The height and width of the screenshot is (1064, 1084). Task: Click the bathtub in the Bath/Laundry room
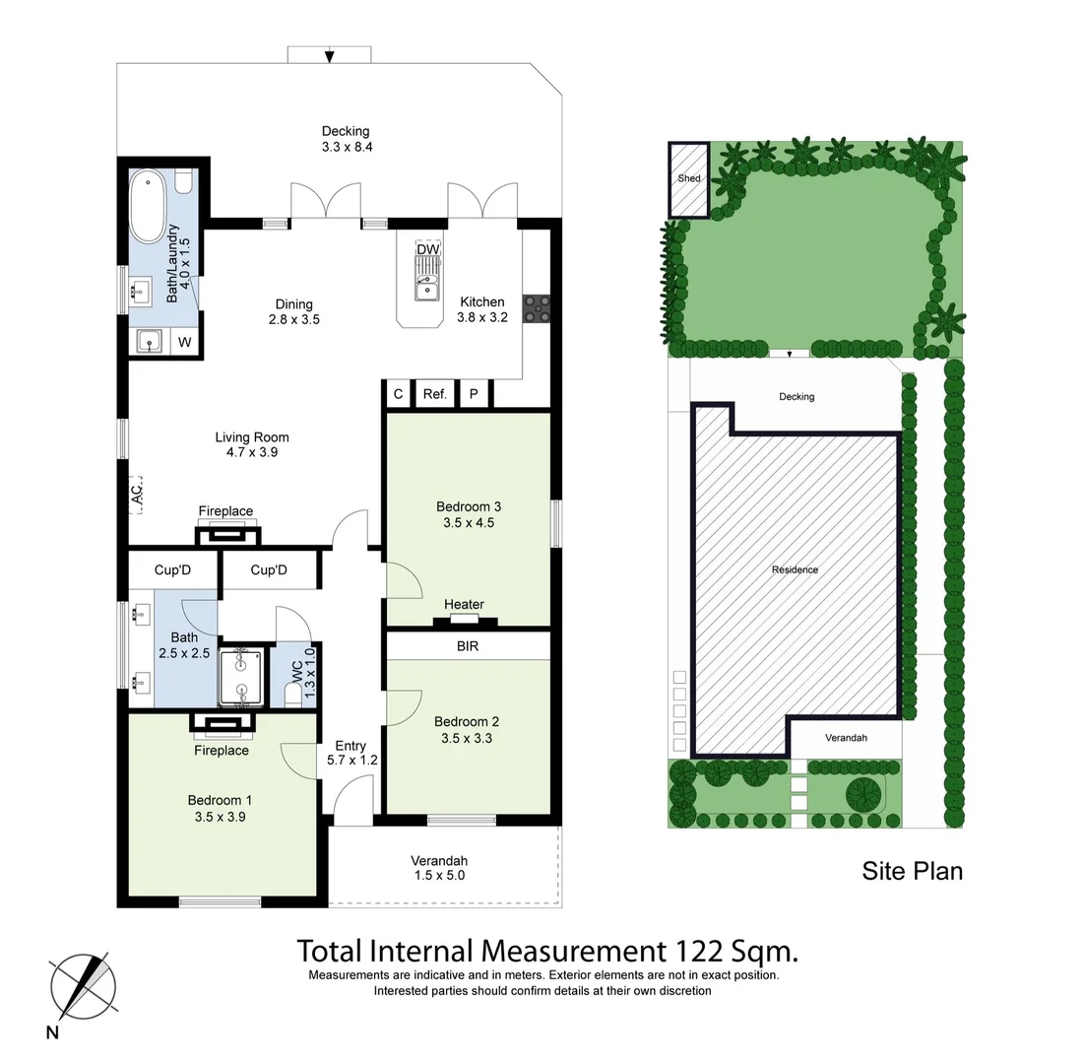click(149, 206)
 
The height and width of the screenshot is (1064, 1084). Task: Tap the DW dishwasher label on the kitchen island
click(427, 249)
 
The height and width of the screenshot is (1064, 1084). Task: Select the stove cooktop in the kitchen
click(537, 308)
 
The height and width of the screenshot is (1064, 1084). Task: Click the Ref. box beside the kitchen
click(434, 394)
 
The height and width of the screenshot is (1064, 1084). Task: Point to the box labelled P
click(474, 394)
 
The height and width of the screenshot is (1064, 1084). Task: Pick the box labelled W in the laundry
click(184, 343)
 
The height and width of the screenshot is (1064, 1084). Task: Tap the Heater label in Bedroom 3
click(464, 605)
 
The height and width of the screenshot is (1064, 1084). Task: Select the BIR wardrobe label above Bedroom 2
click(468, 646)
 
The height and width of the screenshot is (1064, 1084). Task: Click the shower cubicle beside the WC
click(240, 677)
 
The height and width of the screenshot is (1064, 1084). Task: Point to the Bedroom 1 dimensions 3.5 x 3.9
click(220, 816)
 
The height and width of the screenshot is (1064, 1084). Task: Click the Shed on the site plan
click(689, 179)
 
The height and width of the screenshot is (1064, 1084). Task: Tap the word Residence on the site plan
click(795, 569)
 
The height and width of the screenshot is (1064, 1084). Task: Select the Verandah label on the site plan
click(846, 738)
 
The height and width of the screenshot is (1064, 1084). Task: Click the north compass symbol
click(83, 987)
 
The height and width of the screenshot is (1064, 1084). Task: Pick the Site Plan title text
click(912, 871)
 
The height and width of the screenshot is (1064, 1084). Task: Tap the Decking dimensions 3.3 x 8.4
click(346, 147)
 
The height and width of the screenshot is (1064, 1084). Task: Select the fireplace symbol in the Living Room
click(228, 535)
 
